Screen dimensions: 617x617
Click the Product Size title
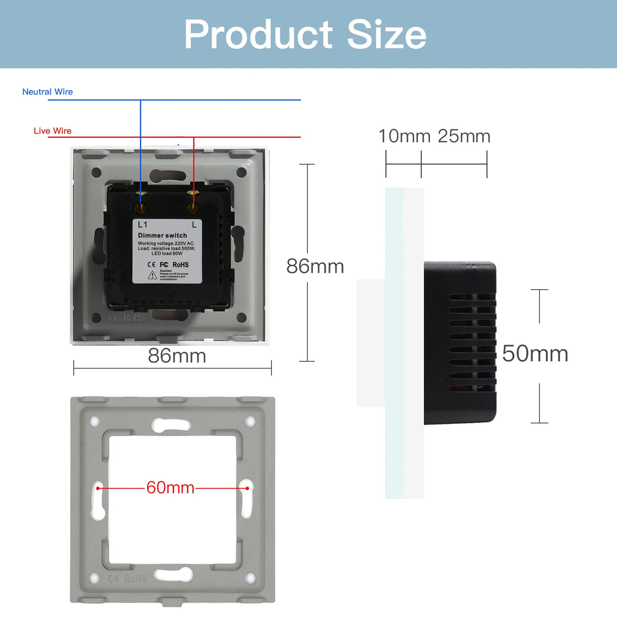pyautogui.click(x=305, y=35)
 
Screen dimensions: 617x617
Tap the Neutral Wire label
pyautogui.click(x=47, y=92)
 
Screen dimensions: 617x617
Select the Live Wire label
pyautogui.click(x=52, y=131)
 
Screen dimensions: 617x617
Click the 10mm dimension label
pyautogui.click(x=404, y=136)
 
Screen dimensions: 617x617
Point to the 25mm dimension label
pyautogui.click(x=464, y=136)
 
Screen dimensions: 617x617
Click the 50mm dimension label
pyautogui.click(x=535, y=354)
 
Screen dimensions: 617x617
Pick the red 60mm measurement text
pyautogui.click(x=170, y=488)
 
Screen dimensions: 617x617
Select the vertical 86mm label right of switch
pyautogui.click(x=315, y=266)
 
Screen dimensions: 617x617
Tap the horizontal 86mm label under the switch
pyautogui.click(x=177, y=356)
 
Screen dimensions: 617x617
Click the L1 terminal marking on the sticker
pyautogui.click(x=143, y=225)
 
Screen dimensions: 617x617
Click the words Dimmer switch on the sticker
pyautogui.click(x=162, y=235)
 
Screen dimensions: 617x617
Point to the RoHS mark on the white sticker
pyautogui.click(x=180, y=265)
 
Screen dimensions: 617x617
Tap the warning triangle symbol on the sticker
pyautogui.click(x=152, y=275)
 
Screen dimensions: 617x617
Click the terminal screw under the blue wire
pyautogui.click(x=141, y=208)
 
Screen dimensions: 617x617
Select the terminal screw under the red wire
pyautogui.click(x=192, y=208)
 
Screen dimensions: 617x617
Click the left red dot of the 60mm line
pyautogui.click(x=98, y=488)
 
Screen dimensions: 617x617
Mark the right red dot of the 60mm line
pyautogui.click(x=247, y=488)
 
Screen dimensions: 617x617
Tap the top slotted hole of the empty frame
pyautogui.click(x=171, y=424)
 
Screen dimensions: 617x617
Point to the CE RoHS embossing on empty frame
pyautogui.click(x=127, y=578)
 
